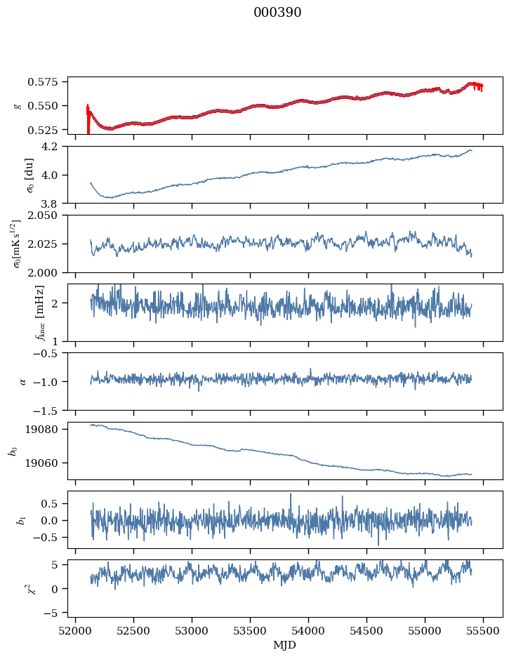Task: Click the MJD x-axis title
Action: [x=284, y=644]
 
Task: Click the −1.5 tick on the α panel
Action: [x=49, y=410]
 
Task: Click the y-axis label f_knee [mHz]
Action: [x=21, y=312]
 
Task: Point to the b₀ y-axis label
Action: [x=13, y=451]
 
